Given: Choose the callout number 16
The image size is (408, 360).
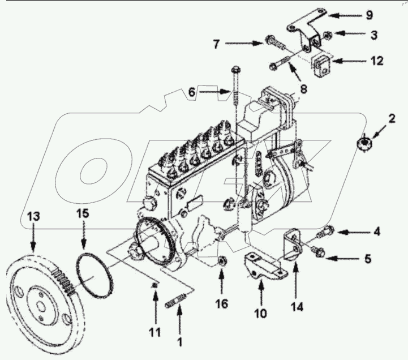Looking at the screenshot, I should point(221,304).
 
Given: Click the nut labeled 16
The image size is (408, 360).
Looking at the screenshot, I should point(222,262).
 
